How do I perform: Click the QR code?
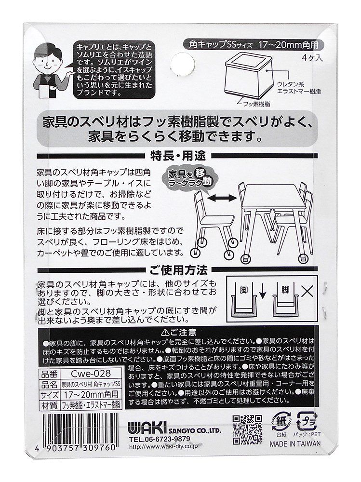(x=248, y=429)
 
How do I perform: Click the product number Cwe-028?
(x=91, y=374)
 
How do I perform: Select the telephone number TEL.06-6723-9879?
(x=160, y=439)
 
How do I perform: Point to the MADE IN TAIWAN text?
(x=295, y=443)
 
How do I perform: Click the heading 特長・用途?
(x=178, y=156)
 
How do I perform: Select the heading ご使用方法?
(x=178, y=270)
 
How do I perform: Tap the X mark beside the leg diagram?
(x=307, y=290)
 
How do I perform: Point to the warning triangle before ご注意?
(x=165, y=332)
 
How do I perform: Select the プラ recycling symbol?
(x=307, y=421)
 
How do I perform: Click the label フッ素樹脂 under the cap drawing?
(x=256, y=104)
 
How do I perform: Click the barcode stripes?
(x=79, y=428)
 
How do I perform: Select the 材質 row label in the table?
(x=49, y=405)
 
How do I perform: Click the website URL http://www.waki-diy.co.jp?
(x=163, y=447)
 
